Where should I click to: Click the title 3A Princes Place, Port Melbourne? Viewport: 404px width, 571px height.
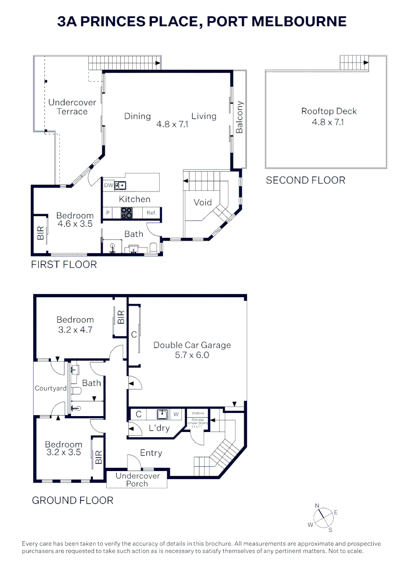point(202,21)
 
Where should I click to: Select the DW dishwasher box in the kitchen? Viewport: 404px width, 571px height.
point(108,185)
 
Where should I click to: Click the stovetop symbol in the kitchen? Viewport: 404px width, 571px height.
point(127,213)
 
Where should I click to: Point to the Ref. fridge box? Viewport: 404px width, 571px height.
point(151,213)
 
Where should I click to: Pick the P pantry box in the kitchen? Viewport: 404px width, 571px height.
point(108,213)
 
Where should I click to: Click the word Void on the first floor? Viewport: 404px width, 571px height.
point(203,202)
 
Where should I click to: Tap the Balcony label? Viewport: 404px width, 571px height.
point(239,117)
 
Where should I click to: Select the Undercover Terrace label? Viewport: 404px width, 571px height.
point(72,107)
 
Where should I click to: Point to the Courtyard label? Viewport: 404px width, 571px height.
point(51,388)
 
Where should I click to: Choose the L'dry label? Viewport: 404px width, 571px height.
point(159,428)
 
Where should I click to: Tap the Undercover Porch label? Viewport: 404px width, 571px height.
point(137,480)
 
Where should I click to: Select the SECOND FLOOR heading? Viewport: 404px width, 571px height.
point(305,180)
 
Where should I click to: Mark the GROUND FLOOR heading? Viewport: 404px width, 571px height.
point(72,500)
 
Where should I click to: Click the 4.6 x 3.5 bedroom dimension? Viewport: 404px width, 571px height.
point(75,224)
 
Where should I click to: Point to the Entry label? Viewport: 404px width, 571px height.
point(151,453)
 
